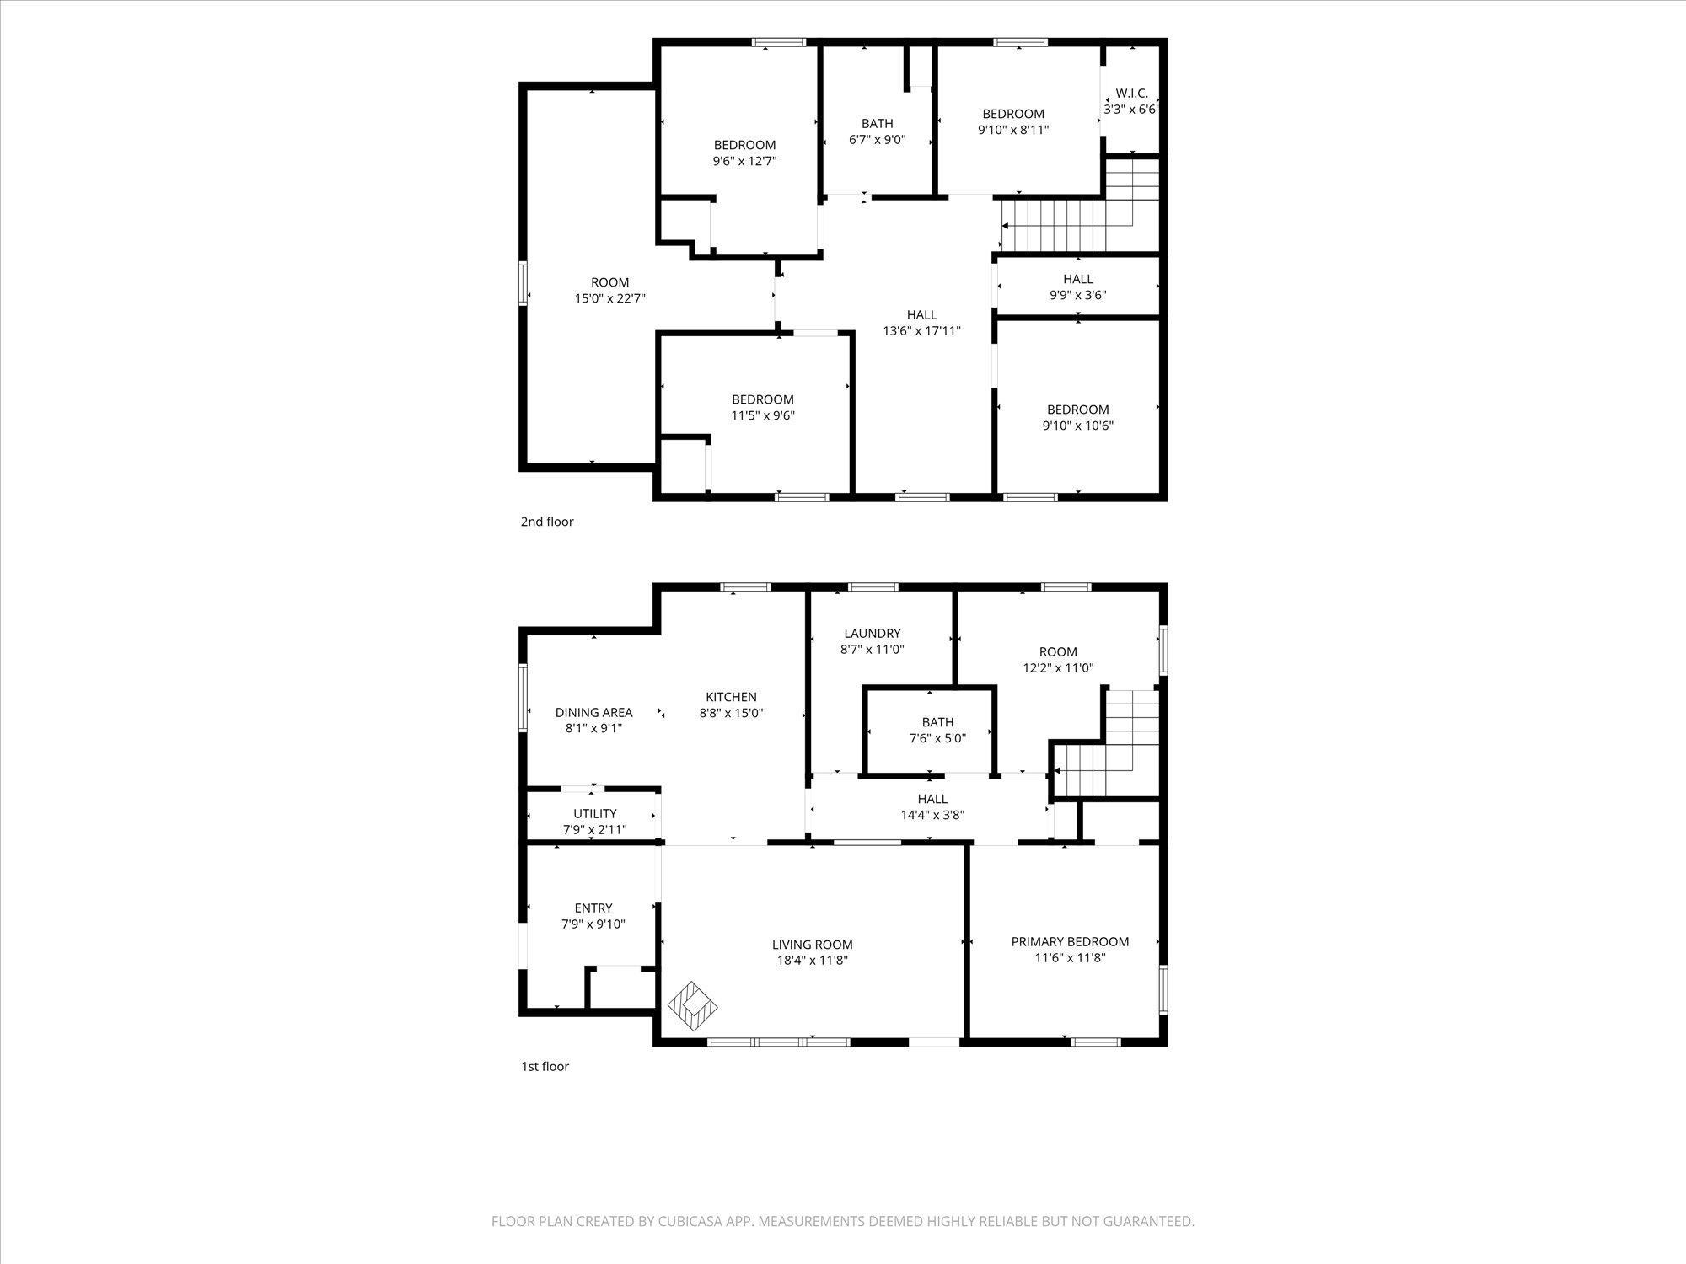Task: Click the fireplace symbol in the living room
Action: click(693, 1004)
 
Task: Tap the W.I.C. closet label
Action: click(1131, 94)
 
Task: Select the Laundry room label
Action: click(873, 634)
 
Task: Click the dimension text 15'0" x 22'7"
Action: click(609, 298)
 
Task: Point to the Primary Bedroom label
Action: click(1070, 941)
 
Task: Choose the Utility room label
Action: click(595, 814)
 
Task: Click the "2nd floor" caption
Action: click(547, 522)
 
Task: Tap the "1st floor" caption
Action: click(545, 1066)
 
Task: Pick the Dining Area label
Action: click(593, 713)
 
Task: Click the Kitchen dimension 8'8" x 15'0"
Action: click(731, 713)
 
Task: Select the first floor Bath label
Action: click(937, 722)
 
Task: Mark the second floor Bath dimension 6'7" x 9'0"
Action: click(878, 140)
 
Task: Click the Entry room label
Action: click(593, 908)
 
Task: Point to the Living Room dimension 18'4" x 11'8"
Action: click(813, 961)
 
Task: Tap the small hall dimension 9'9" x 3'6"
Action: click(1078, 295)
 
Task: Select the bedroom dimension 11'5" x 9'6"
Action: click(763, 415)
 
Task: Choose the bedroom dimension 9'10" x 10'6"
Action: click(1078, 426)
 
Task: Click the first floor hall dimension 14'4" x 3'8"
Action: click(932, 815)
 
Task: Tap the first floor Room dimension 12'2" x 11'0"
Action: click(1058, 668)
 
